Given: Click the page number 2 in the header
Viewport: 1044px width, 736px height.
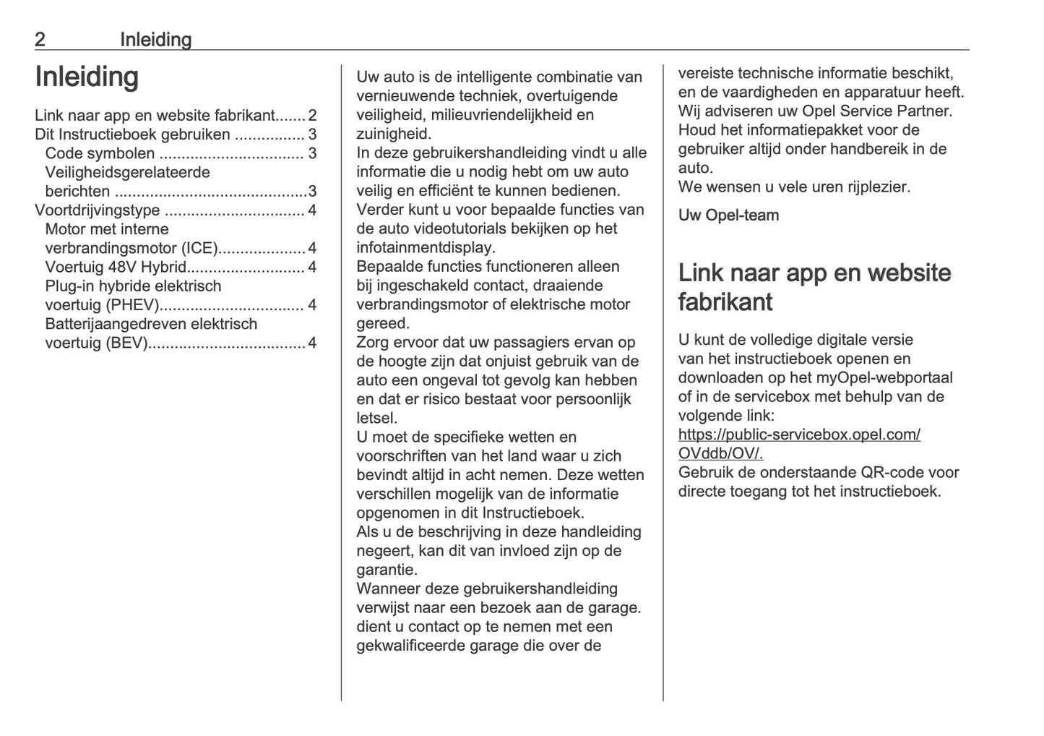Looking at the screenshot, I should point(40,40).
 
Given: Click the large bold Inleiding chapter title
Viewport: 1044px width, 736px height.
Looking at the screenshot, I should point(87,77).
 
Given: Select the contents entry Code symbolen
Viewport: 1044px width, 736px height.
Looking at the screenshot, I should point(100,153).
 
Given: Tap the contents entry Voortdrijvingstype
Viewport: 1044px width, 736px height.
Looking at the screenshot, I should point(98,210).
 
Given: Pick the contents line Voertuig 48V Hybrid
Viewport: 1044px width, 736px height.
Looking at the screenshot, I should point(116,267).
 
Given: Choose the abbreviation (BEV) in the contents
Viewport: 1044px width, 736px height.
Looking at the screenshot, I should point(126,343).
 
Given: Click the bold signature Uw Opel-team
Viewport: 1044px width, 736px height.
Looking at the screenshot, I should point(728,215).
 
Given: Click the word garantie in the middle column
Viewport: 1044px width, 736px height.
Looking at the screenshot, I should point(387,570).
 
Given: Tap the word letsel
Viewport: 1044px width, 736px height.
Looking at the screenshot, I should point(376,418).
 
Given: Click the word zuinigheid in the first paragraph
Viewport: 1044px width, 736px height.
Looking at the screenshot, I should point(393,134).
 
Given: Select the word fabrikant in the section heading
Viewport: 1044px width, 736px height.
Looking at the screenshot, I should point(725,302).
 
